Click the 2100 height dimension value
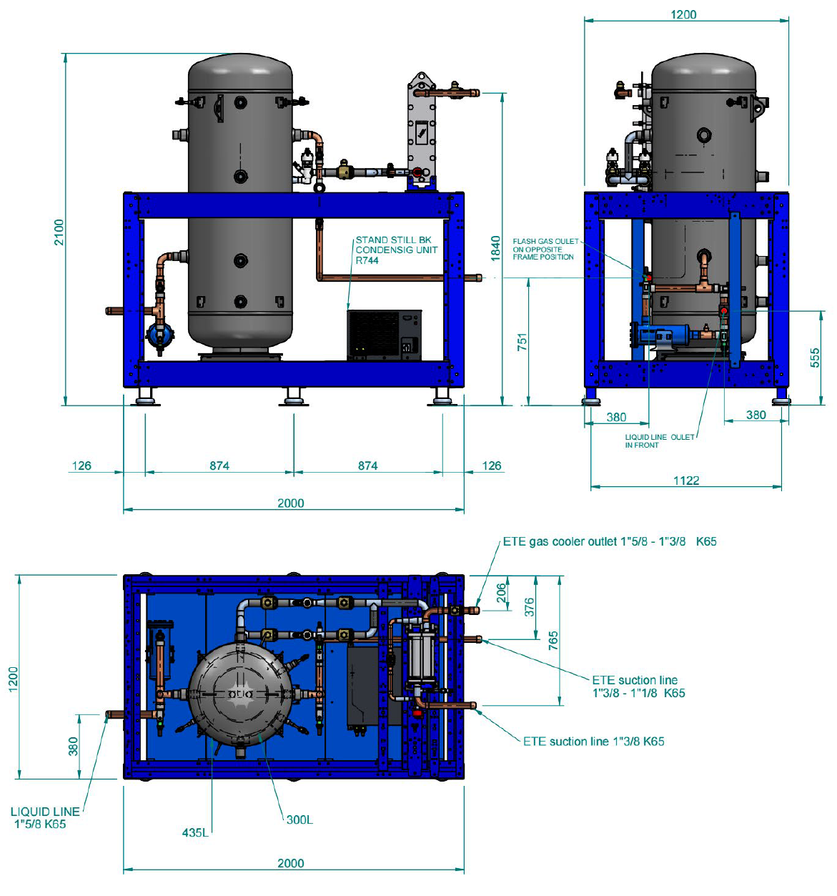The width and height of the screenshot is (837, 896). pyautogui.click(x=59, y=232)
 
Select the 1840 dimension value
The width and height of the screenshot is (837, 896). pyautogui.click(x=495, y=248)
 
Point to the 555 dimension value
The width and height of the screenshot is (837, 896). pyautogui.click(x=814, y=358)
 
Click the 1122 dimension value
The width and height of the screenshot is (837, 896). pyautogui.click(x=686, y=480)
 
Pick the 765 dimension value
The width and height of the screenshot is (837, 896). pyautogui.click(x=553, y=640)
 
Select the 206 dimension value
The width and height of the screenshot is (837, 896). pyautogui.click(x=502, y=592)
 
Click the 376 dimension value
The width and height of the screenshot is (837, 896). pyautogui.click(x=529, y=607)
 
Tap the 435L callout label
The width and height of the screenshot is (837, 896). pyautogui.click(x=195, y=832)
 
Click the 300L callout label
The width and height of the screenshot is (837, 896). pyautogui.click(x=299, y=819)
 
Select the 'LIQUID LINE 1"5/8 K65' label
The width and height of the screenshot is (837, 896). pyautogui.click(x=44, y=817)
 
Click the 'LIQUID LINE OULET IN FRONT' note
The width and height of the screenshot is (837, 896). pyautogui.click(x=659, y=440)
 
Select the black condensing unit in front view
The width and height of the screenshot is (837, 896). pyautogui.click(x=385, y=335)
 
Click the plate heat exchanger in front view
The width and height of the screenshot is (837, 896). pyautogui.click(x=422, y=130)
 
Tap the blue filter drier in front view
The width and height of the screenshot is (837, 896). pyautogui.click(x=159, y=335)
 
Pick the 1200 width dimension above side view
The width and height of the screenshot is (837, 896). pyautogui.click(x=683, y=14)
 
